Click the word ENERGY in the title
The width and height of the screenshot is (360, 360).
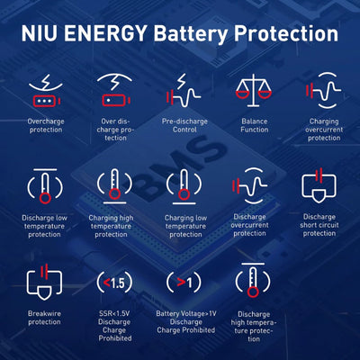pyautogui.click(x=105, y=33)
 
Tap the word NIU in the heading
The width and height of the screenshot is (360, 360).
pyautogui.click(x=39, y=33)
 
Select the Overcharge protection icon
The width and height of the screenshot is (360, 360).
pyautogui.click(x=46, y=91)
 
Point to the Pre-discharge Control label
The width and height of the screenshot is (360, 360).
pyautogui.click(x=184, y=125)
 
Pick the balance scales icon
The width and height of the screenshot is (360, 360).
pyautogui.click(x=254, y=90)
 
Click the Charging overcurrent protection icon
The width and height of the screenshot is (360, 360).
pyautogui.click(x=323, y=90)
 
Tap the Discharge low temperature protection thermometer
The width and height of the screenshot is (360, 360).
pyautogui.click(x=45, y=186)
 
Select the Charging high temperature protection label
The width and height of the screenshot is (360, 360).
pyautogui.click(x=111, y=226)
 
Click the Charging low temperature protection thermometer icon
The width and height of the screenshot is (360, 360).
pyautogui.click(x=184, y=186)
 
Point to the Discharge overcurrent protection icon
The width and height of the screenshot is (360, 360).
pyautogui.click(x=249, y=186)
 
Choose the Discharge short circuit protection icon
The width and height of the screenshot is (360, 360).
pyautogui.click(x=319, y=185)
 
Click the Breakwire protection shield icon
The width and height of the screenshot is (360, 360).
pyautogui.click(x=44, y=282)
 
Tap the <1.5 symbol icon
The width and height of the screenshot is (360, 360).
pyautogui.click(x=114, y=283)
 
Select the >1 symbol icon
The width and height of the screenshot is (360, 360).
pyautogui.click(x=184, y=283)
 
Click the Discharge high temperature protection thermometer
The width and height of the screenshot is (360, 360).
pyautogui.click(x=253, y=280)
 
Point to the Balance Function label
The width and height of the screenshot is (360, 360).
pyautogui.click(x=255, y=125)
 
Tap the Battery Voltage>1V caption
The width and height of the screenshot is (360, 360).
pyautogui.click(x=186, y=314)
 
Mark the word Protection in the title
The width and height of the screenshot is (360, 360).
pyautogui.click(x=286, y=33)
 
